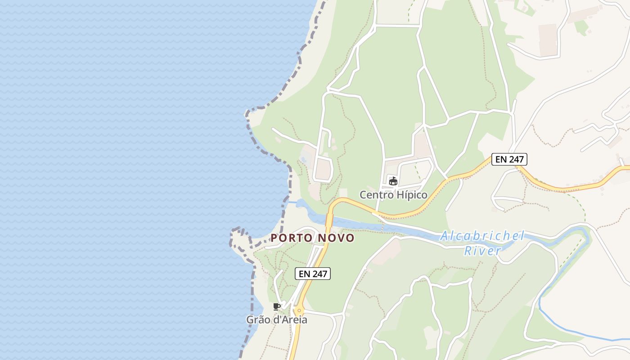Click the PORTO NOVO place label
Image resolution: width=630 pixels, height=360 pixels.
313,238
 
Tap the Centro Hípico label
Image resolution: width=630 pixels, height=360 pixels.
393,195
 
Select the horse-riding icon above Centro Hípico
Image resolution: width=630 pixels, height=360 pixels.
393,181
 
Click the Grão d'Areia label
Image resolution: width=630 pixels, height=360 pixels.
276,320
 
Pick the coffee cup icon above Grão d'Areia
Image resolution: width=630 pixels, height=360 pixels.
277,307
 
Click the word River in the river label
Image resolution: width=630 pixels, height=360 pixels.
482,251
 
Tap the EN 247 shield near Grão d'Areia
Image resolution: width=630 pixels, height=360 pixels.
313,273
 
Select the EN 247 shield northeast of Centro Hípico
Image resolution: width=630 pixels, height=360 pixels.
509,159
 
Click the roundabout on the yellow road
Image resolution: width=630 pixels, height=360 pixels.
299,310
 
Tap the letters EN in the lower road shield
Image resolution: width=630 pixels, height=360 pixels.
304,273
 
